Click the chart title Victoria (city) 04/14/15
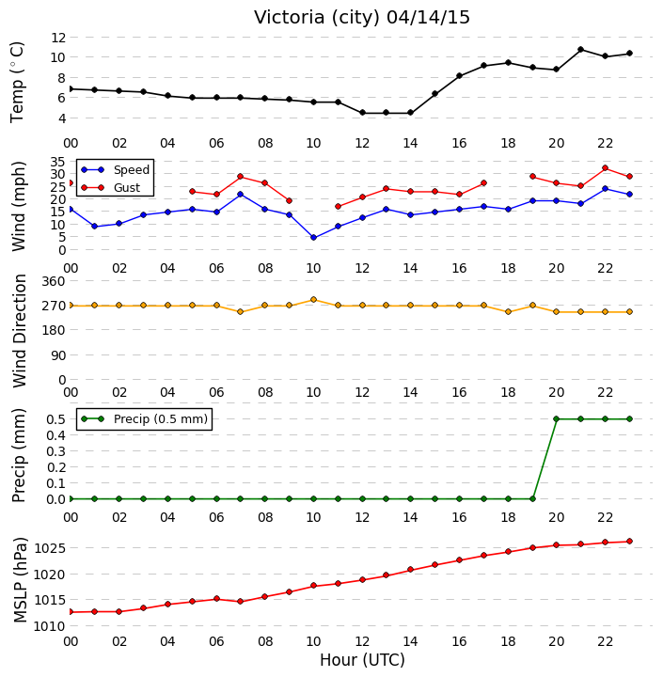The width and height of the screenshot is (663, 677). (x=361, y=18)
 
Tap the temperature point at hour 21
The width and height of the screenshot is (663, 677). (x=580, y=50)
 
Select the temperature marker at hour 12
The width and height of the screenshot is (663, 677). (x=362, y=113)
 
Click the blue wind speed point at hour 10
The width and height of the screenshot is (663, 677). (x=313, y=238)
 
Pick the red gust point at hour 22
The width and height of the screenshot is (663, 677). (x=605, y=168)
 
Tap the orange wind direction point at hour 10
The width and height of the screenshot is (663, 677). (x=313, y=299)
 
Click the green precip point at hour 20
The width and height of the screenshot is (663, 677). (x=557, y=418)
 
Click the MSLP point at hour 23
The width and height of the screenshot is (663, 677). (x=629, y=541)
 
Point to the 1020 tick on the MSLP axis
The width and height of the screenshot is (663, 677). (x=50, y=575)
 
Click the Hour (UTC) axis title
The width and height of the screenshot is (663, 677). (x=362, y=660)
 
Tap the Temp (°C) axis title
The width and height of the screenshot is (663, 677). (x=17, y=82)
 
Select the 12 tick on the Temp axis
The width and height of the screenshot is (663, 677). (x=58, y=38)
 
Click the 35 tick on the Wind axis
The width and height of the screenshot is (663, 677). (x=58, y=162)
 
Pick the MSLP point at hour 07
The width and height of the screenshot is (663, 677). (x=241, y=602)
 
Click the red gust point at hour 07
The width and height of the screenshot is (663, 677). (x=241, y=177)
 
